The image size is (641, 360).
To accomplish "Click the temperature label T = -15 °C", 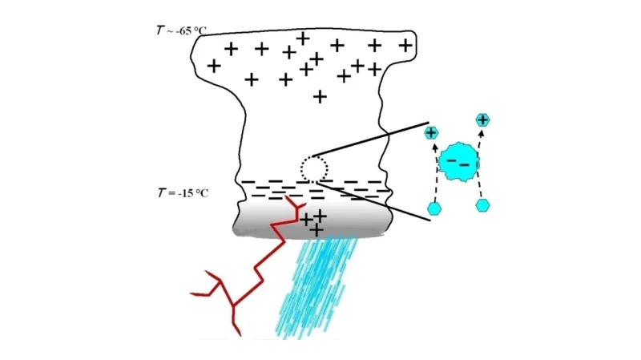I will [x=181, y=193].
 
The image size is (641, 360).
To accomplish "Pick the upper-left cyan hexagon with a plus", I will [x=431, y=132].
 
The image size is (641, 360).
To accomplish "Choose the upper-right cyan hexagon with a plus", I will [x=482, y=119].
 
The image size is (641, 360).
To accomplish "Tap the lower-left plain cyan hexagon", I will [x=434, y=208].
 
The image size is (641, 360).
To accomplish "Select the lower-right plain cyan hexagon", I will [x=482, y=205].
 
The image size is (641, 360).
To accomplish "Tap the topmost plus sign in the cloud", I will [x=303, y=37].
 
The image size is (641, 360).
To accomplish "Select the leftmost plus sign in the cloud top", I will [x=214, y=65].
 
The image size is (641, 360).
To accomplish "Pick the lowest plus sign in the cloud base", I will [x=317, y=229].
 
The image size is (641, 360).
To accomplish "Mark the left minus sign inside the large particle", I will [x=452, y=160].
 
